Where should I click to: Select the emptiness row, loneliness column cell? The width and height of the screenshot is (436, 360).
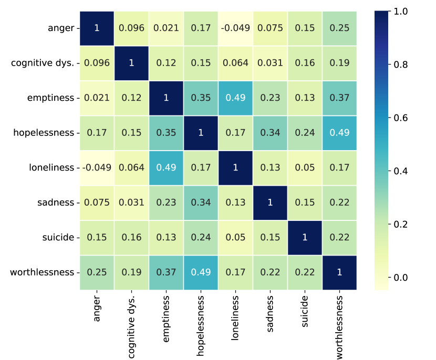pyautogui.click(x=235, y=98)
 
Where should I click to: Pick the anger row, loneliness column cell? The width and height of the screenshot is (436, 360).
pyautogui.click(x=235, y=28)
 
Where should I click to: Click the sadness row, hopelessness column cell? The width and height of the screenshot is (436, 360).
pyautogui.click(x=201, y=202)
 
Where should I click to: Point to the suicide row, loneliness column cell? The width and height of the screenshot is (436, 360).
pyautogui.click(x=235, y=237)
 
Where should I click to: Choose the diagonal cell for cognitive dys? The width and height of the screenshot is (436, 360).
pyautogui.click(x=131, y=63)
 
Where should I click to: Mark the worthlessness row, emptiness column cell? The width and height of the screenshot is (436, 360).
pyautogui.click(x=166, y=272)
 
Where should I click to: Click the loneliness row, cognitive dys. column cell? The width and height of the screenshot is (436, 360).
pyautogui.click(x=131, y=167)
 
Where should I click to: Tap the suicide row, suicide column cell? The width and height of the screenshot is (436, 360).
pyautogui.click(x=305, y=237)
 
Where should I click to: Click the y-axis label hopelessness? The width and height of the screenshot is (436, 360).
pyautogui.click(x=44, y=133)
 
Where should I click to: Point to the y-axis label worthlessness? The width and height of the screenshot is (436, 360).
pyautogui.click(x=42, y=272)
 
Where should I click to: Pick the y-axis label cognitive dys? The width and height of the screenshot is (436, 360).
pyautogui.click(x=43, y=63)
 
